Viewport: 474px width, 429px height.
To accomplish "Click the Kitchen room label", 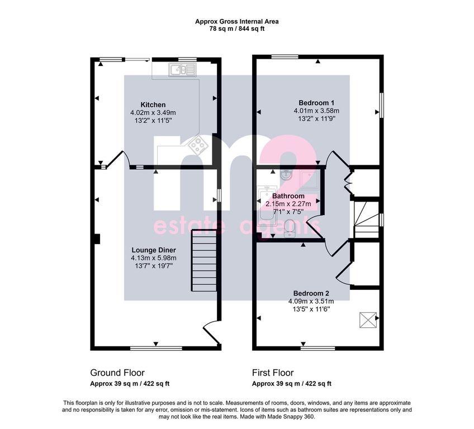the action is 153,105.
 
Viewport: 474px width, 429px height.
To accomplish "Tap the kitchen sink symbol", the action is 182,70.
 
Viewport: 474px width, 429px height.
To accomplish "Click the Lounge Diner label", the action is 154,250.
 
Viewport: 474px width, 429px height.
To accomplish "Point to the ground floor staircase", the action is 204,260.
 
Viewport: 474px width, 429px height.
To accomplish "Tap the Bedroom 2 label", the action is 311,293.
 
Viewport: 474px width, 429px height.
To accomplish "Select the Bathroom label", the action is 288,196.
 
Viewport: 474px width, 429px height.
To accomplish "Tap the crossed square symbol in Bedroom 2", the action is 368,320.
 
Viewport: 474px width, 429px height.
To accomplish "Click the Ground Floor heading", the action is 117,373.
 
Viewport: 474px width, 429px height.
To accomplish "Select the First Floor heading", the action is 273,373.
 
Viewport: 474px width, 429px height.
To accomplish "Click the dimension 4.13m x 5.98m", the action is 154,258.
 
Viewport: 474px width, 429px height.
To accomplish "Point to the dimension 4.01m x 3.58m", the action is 316,111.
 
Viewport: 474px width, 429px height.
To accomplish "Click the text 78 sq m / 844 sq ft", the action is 237,29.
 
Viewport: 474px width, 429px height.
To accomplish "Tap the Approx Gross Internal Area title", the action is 237,22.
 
